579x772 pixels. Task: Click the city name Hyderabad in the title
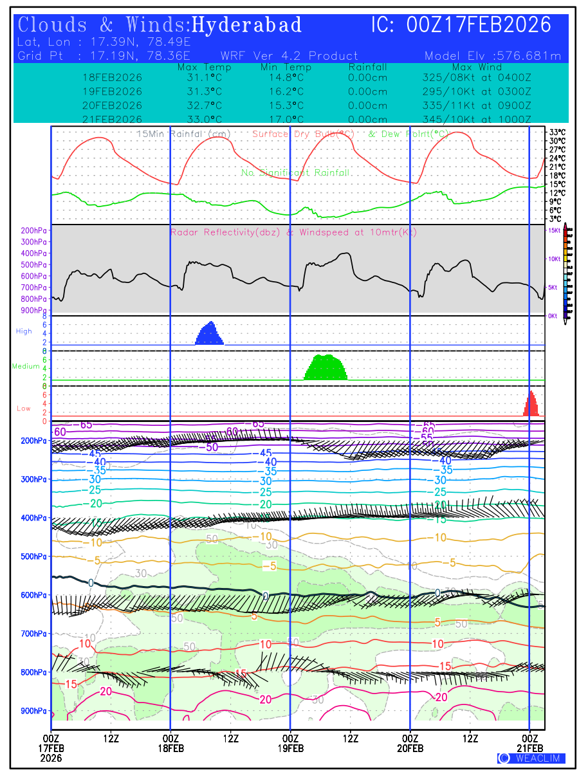click(247, 25)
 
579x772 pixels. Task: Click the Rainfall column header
click(367, 67)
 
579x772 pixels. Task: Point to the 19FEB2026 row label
click(112, 91)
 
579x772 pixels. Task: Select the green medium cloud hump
click(327, 367)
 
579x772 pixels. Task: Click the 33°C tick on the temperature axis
click(557, 132)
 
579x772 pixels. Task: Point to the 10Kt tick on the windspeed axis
click(553, 259)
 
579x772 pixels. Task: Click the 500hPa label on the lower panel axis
click(33, 556)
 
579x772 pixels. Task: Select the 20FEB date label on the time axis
click(410, 748)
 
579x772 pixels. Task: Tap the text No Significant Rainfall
click(295, 172)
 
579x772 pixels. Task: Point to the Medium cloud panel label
click(26, 367)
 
